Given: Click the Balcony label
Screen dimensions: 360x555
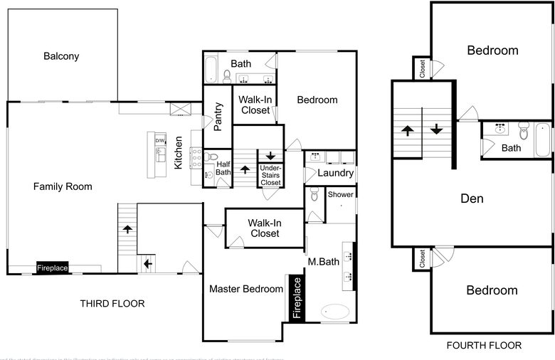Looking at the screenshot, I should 61,56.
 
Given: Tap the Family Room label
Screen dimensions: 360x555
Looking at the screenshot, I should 63,186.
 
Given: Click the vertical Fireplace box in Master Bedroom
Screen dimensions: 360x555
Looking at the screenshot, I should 297,297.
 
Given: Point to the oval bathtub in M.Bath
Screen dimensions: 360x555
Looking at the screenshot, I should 335,312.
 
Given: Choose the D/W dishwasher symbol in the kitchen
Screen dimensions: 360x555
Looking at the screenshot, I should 160,140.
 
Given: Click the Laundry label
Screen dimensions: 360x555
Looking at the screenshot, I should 335,173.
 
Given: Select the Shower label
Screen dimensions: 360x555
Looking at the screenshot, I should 340,194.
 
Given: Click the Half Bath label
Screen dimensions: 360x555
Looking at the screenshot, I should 223,168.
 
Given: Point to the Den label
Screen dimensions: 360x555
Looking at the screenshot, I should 472,198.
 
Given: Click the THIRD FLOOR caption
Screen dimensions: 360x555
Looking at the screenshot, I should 112,304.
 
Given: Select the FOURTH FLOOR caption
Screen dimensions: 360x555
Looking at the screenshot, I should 484,346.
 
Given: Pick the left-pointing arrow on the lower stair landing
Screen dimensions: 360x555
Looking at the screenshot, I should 147,263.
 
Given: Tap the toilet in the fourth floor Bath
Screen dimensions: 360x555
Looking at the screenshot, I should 524,130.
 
